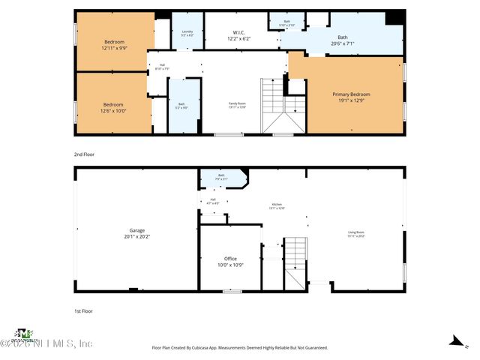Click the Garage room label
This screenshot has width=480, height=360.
136,232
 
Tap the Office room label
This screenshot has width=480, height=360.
230,261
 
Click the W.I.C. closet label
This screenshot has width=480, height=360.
238,35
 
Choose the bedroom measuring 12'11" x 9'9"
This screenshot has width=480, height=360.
114,44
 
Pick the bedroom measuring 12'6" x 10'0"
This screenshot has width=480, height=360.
113,107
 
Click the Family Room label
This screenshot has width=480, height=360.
238,105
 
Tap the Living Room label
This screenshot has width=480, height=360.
355,234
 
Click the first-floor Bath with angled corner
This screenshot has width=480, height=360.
221,178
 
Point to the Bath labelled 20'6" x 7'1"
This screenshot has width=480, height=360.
343,40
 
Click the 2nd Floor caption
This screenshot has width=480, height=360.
84,154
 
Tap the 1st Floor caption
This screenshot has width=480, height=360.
83,310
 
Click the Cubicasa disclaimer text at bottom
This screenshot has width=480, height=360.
240,347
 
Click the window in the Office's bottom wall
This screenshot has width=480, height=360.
232,291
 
